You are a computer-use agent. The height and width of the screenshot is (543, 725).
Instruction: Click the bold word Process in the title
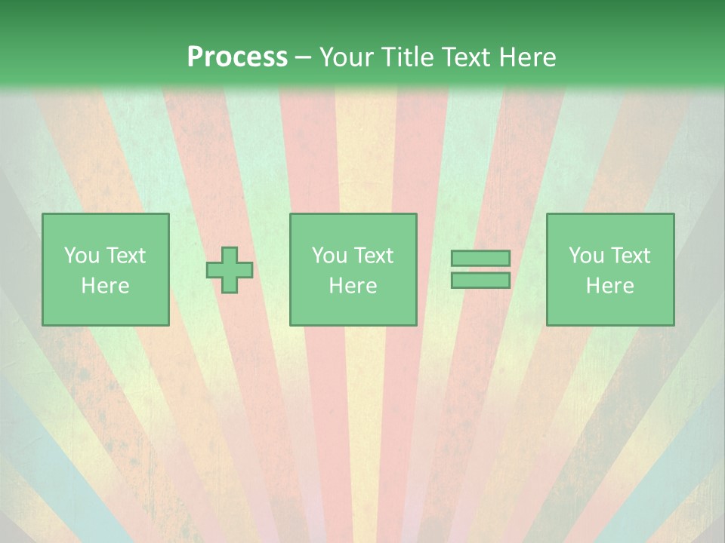point(237,57)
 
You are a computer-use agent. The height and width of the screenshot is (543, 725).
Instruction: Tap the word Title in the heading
point(409,57)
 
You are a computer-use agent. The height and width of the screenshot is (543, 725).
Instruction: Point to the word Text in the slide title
point(467,57)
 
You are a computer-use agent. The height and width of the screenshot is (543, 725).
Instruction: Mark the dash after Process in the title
point(304,58)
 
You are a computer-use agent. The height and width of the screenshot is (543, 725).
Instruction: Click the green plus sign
point(230,270)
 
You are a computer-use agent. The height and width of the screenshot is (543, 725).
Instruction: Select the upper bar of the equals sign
point(480,259)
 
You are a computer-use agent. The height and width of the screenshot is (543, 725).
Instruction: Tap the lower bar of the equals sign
point(480,280)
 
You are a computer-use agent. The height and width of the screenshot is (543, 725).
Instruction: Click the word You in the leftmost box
point(81,256)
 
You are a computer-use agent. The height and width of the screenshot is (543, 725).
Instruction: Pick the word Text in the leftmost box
point(125,256)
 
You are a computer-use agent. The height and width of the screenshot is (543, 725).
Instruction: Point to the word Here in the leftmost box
point(105,286)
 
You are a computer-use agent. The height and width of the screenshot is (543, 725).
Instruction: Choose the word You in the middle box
point(329,256)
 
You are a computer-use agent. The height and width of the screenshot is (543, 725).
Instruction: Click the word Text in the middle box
point(372,256)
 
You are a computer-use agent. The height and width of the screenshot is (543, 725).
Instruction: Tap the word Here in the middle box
point(353,286)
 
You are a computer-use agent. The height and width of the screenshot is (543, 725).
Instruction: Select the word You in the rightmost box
point(585,256)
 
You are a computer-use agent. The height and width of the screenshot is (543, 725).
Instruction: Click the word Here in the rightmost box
point(609,286)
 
